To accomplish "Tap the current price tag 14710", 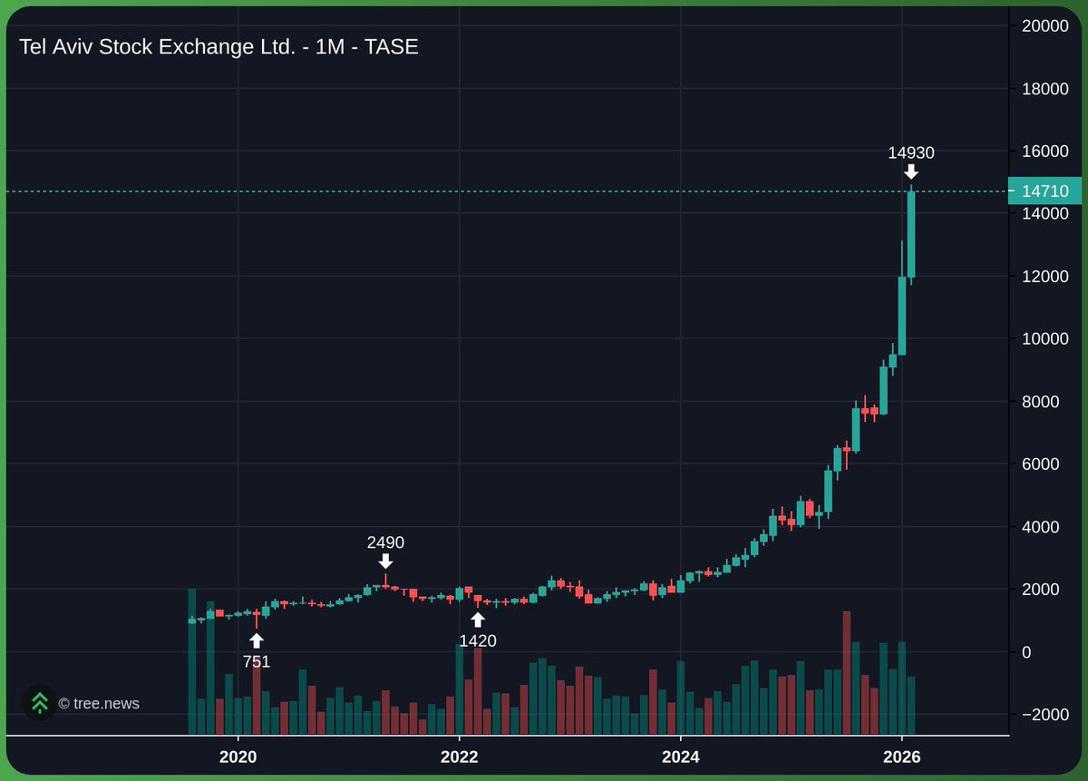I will pos(1044,191).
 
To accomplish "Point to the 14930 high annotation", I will pos(911,152).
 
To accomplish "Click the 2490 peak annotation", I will pos(385,542).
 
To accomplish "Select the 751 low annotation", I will pos(257,661).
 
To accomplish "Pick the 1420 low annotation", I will pos(478,641).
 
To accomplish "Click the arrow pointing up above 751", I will pos(257,640).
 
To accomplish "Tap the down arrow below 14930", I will pos(911,171).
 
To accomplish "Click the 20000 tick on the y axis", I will pos(1044,26).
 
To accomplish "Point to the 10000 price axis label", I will pos(1044,339).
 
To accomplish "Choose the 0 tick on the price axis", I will pos(1027,652).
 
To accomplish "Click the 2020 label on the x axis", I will pos(238,758).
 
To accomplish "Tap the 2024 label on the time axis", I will pos(681,758).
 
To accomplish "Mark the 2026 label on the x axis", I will pos(902,758).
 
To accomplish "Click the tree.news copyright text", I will pos(99,703).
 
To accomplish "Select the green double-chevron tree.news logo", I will pos(40,703).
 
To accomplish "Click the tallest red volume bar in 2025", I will pos(846,671).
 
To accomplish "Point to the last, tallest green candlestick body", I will pos(911,234).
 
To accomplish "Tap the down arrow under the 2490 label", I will pos(385,561).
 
